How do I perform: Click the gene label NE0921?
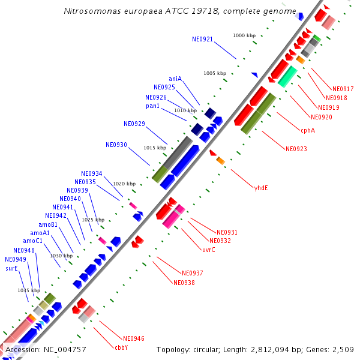(x=202, y=39)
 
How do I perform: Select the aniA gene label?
(x=175, y=79)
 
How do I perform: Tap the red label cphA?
(x=307, y=130)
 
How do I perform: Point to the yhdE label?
(x=261, y=187)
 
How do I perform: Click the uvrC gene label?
(x=208, y=249)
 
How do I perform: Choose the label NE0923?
(x=296, y=148)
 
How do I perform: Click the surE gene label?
(x=11, y=268)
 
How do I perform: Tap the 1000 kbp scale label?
(x=244, y=36)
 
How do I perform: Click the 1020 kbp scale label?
(x=124, y=184)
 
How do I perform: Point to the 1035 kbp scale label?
(x=28, y=290)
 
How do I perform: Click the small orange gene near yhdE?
(x=220, y=160)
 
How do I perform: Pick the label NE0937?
(x=192, y=273)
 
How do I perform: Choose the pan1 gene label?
(x=152, y=106)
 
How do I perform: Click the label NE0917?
(x=343, y=89)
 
